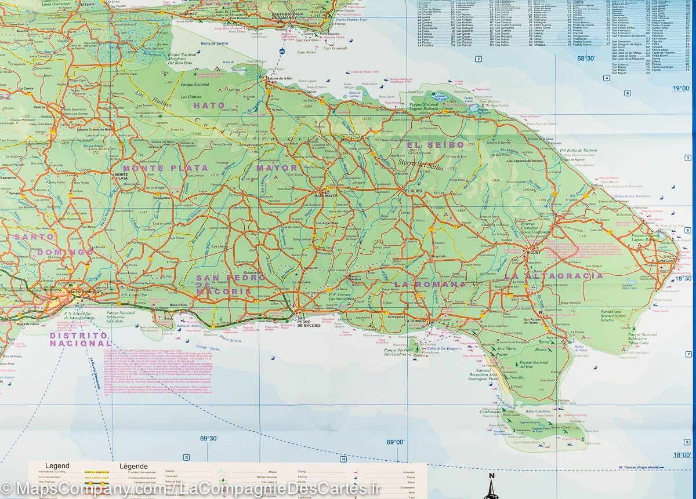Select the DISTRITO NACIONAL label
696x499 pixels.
click(78, 340)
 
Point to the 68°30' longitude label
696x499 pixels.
click(585, 59)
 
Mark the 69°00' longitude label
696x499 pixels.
click(395, 442)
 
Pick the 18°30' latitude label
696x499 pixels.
click(683, 279)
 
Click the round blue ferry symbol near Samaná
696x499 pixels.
click(282, 52)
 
